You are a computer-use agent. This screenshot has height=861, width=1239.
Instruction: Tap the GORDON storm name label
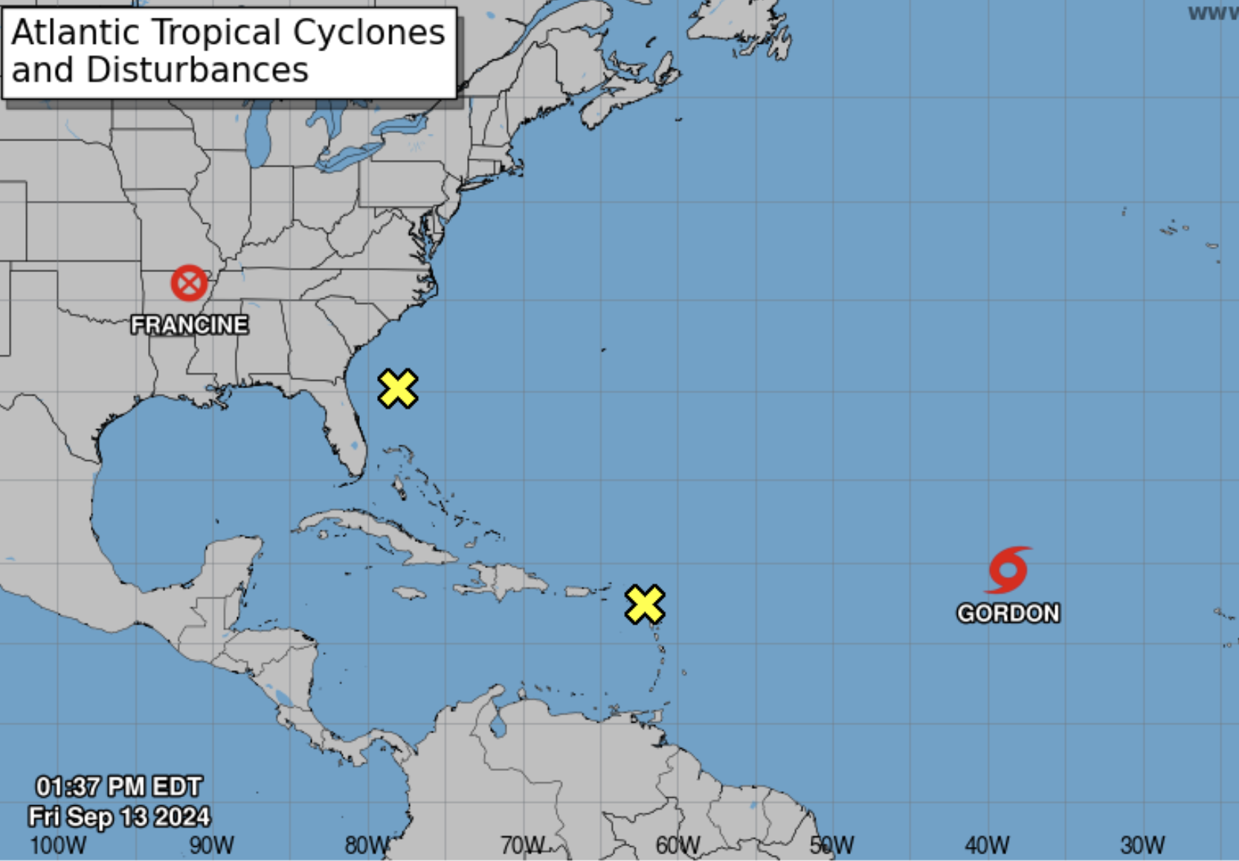click(x=1008, y=613)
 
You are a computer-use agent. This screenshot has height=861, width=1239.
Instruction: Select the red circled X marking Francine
click(x=189, y=283)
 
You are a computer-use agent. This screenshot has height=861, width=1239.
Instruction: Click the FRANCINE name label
click(x=190, y=325)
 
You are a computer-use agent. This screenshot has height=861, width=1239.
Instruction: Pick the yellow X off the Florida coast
click(x=398, y=388)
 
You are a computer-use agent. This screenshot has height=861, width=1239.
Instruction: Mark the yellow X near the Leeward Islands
click(x=645, y=604)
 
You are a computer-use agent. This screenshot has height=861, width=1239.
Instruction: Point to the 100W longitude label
click(x=58, y=845)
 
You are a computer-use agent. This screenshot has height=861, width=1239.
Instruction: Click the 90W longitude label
click(x=212, y=845)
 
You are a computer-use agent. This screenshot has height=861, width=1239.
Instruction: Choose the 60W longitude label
click(x=678, y=845)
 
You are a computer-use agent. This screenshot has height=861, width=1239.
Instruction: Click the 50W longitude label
click(x=832, y=845)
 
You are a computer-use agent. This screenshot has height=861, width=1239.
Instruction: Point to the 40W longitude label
click(x=988, y=845)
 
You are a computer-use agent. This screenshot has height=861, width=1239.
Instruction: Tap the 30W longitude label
click(x=1143, y=845)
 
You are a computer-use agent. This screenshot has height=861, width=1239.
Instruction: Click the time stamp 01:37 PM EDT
click(x=119, y=787)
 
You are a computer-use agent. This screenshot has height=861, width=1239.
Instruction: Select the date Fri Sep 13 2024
click(x=119, y=816)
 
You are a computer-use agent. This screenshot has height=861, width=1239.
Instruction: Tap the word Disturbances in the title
click(x=197, y=71)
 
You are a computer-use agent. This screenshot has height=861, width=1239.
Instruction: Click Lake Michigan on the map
click(x=257, y=134)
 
